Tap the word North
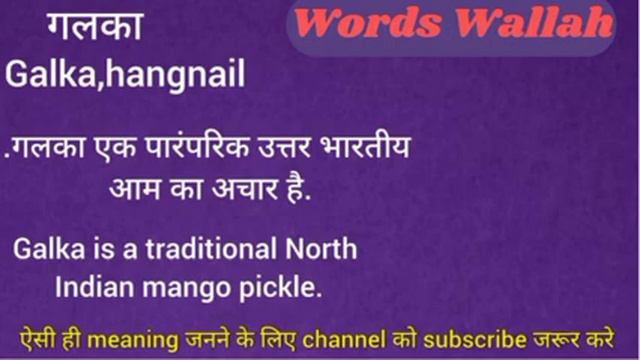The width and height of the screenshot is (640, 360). [319, 247]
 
